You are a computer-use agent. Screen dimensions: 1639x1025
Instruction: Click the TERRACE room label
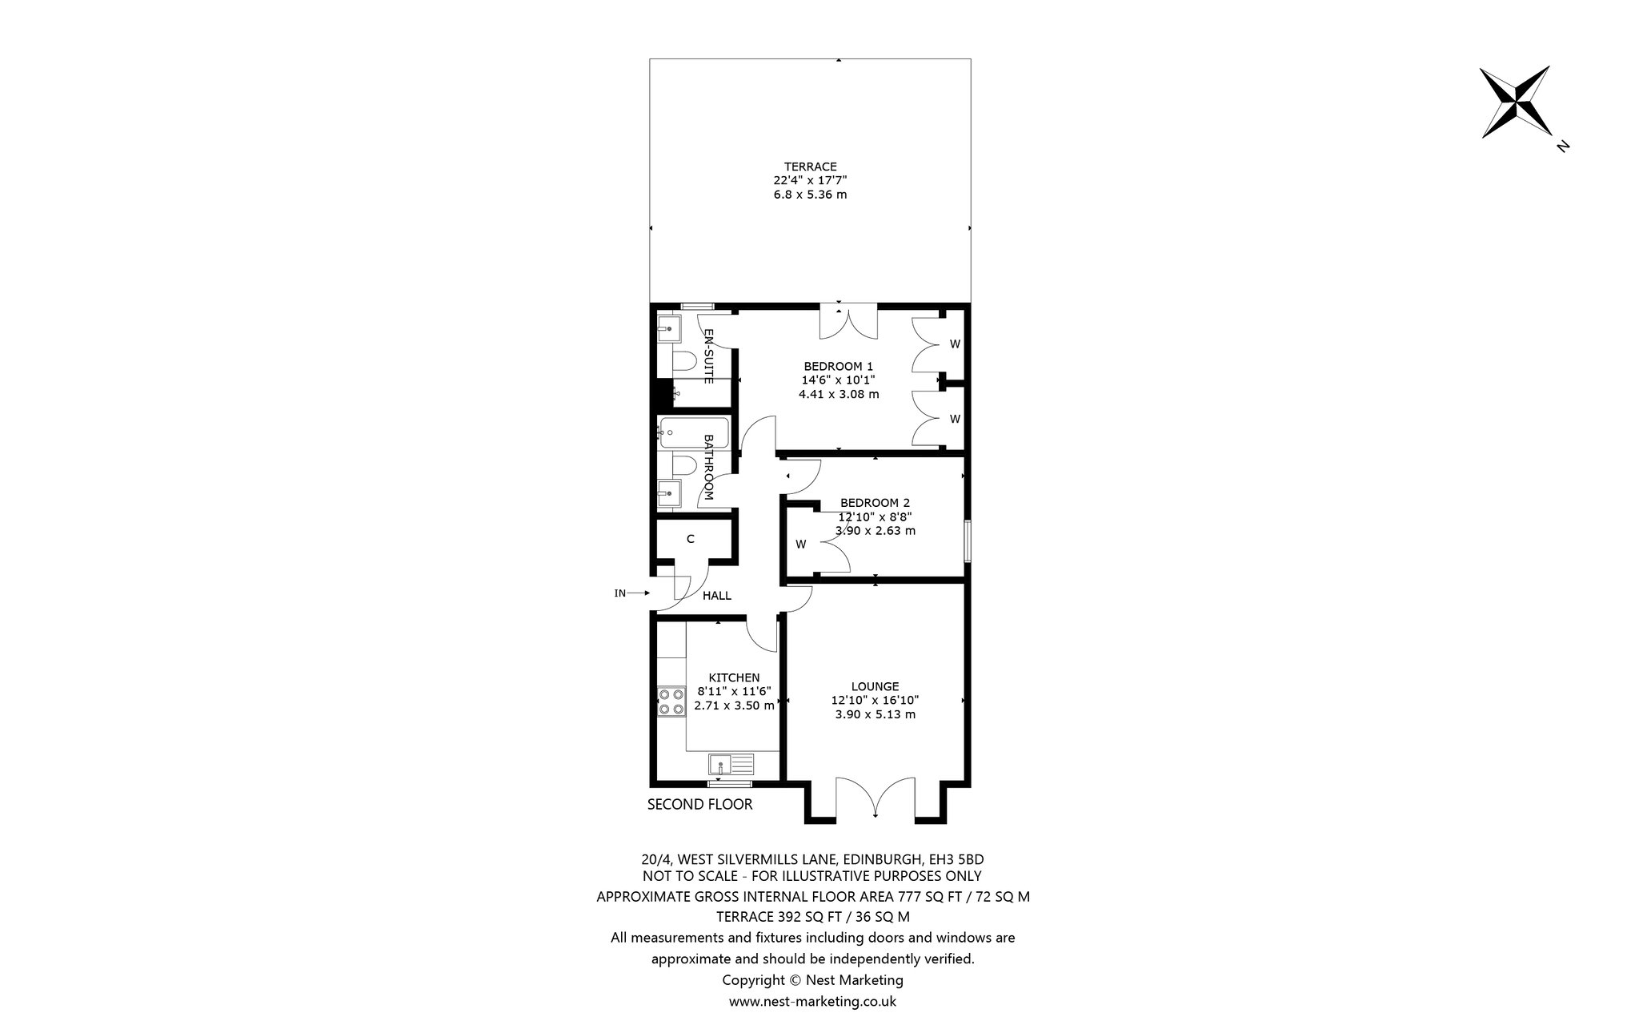click(810, 167)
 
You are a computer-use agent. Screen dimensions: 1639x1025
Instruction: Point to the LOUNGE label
click(875, 686)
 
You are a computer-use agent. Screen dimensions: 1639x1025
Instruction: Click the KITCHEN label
click(734, 677)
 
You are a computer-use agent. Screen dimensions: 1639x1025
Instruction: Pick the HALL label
click(716, 596)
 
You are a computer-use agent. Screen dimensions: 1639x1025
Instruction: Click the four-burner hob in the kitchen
click(671, 701)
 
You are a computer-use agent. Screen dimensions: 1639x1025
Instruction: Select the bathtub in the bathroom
click(693, 433)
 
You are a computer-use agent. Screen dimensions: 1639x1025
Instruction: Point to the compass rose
click(1515, 102)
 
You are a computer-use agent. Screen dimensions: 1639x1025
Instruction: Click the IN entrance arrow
click(638, 593)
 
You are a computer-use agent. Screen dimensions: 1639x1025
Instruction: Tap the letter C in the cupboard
click(690, 540)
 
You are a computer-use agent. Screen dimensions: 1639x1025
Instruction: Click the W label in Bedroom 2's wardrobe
click(800, 545)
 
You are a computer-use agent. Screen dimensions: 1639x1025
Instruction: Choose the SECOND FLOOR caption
click(700, 804)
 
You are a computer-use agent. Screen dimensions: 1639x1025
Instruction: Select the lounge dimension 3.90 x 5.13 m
click(875, 714)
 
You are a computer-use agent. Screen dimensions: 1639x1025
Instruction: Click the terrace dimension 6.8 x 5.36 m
click(810, 195)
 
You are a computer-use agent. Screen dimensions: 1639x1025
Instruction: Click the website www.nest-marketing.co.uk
click(812, 1001)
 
